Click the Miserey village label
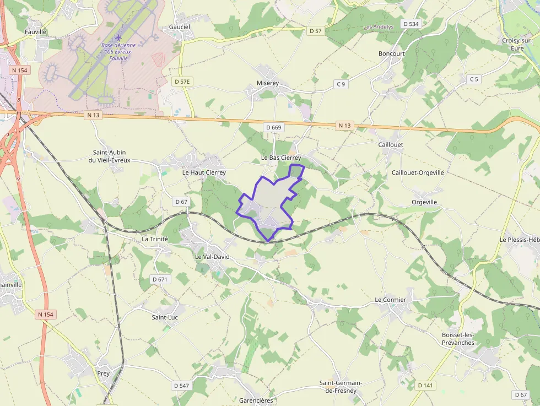point(268,83)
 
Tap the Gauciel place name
point(180,26)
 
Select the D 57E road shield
point(182,82)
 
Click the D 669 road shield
point(273,127)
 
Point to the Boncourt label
point(392,53)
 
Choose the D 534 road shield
point(411,24)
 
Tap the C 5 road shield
point(474,79)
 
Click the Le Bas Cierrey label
point(281,158)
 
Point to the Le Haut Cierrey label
point(204,172)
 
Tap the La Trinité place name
point(155,239)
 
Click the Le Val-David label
point(212,257)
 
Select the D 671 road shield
point(159,279)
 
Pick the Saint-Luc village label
point(165,317)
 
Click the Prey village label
point(104,373)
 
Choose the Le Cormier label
point(391,300)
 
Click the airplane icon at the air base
point(118,37)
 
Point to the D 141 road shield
point(425,385)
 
